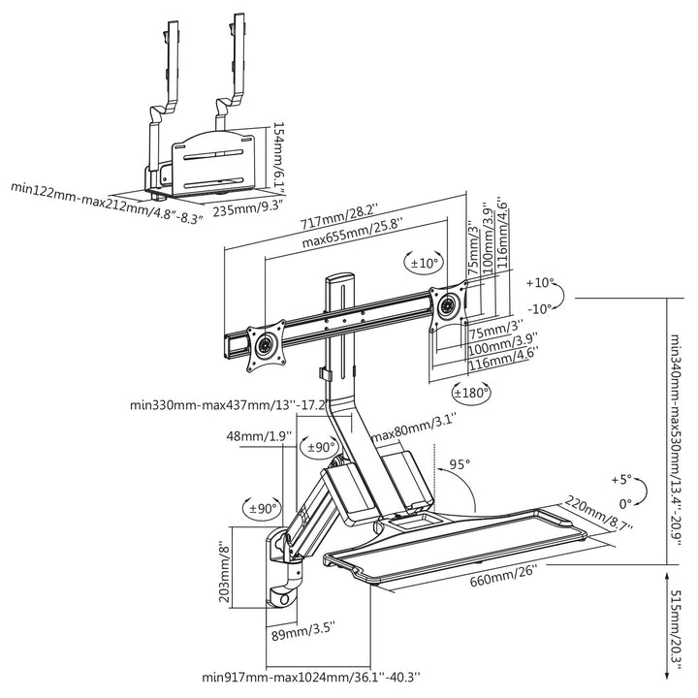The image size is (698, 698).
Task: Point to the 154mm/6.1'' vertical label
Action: click(x=278, y=155)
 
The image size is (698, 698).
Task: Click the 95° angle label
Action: click(x=460, y=464)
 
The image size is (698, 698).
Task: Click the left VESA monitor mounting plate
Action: click(x=265, y=344)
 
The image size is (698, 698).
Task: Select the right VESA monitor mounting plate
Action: click(x=447, y=303)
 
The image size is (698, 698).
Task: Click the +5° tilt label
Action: click(x=621, y=480)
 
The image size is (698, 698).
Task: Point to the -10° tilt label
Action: click(x=539, y=308)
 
